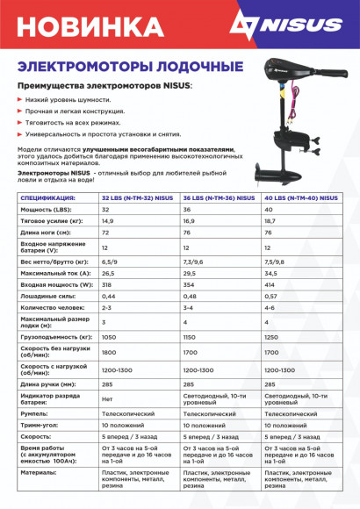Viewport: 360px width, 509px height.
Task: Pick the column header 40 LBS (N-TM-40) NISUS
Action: coord(301,199)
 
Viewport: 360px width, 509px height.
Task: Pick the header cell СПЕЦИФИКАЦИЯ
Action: coord(47,199)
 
